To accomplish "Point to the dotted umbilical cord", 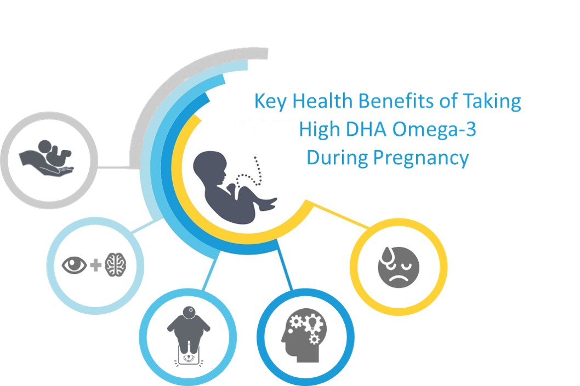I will pyautogui.click(x=250, y=173).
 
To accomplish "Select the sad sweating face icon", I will pyautogui.click(x=399, y=267).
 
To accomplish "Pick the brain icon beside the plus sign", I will pyautogui.click(x=115, y=266).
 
